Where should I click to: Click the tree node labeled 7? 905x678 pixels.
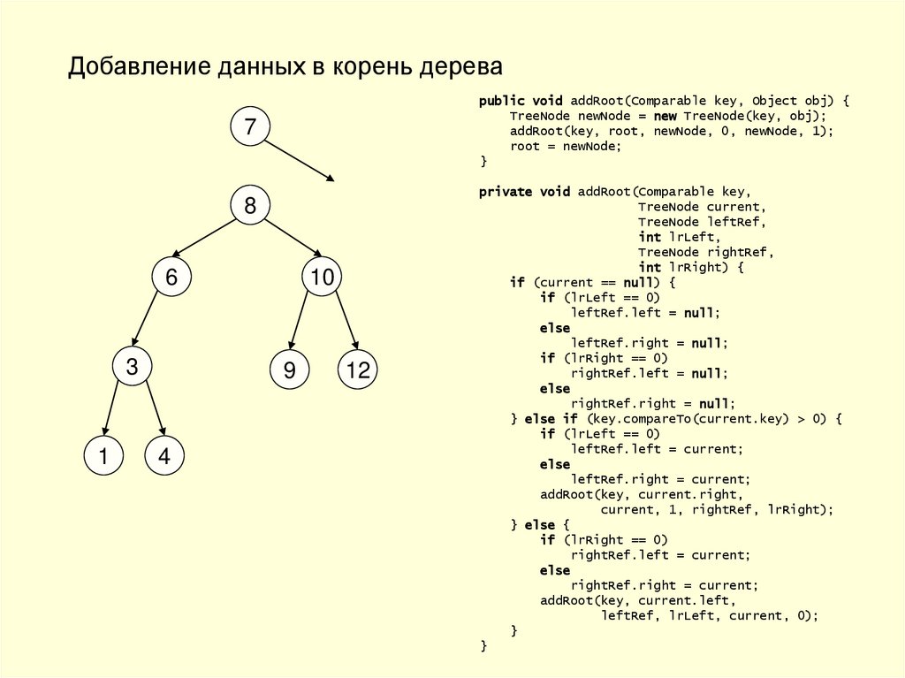coord(250,127)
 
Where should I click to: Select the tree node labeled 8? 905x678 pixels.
coord(250,206)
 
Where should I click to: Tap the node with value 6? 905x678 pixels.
coord(171,278)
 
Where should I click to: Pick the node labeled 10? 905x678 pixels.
coord(322,278)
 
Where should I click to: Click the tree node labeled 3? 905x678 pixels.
coord(132,367)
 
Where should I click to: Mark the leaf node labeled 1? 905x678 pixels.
coord(103,456)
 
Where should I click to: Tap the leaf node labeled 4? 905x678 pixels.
coord(164,456)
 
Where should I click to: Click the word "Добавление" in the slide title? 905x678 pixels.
coord(138,68)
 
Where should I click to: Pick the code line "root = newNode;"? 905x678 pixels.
coord(566,147)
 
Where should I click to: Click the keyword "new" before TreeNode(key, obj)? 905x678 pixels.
coord(665,117)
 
